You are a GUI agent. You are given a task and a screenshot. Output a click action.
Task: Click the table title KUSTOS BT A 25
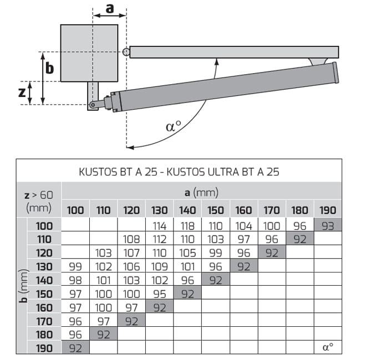pos(118,172)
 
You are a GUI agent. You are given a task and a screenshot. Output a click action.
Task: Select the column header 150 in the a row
pos(216,210)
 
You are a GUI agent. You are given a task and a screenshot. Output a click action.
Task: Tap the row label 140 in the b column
pos(44,280)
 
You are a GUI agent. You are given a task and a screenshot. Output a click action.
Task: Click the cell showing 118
pos(187,226)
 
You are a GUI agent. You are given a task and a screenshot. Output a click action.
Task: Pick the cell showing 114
pos(159,226)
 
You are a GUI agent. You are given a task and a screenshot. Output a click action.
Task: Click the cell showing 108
pos(131,239)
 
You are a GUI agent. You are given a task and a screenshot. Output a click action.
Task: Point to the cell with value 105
pos(187,253)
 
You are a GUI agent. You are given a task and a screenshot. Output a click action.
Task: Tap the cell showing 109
pos(159,266)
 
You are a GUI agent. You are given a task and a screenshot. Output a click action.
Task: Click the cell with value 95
pos(159,294)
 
